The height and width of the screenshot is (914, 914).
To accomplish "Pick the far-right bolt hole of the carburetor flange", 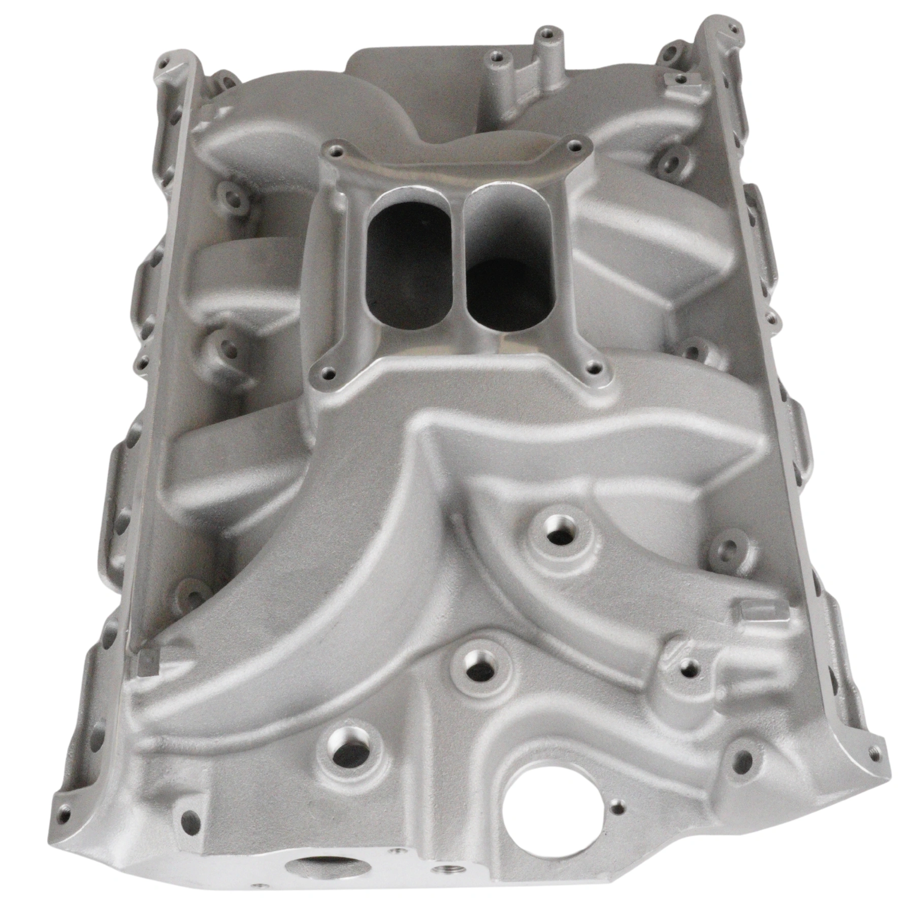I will click(x=574, y=147).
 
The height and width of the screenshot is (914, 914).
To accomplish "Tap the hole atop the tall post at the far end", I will click(x=546, y=34).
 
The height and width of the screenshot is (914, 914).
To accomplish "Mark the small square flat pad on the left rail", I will click(x=148, y=660).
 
